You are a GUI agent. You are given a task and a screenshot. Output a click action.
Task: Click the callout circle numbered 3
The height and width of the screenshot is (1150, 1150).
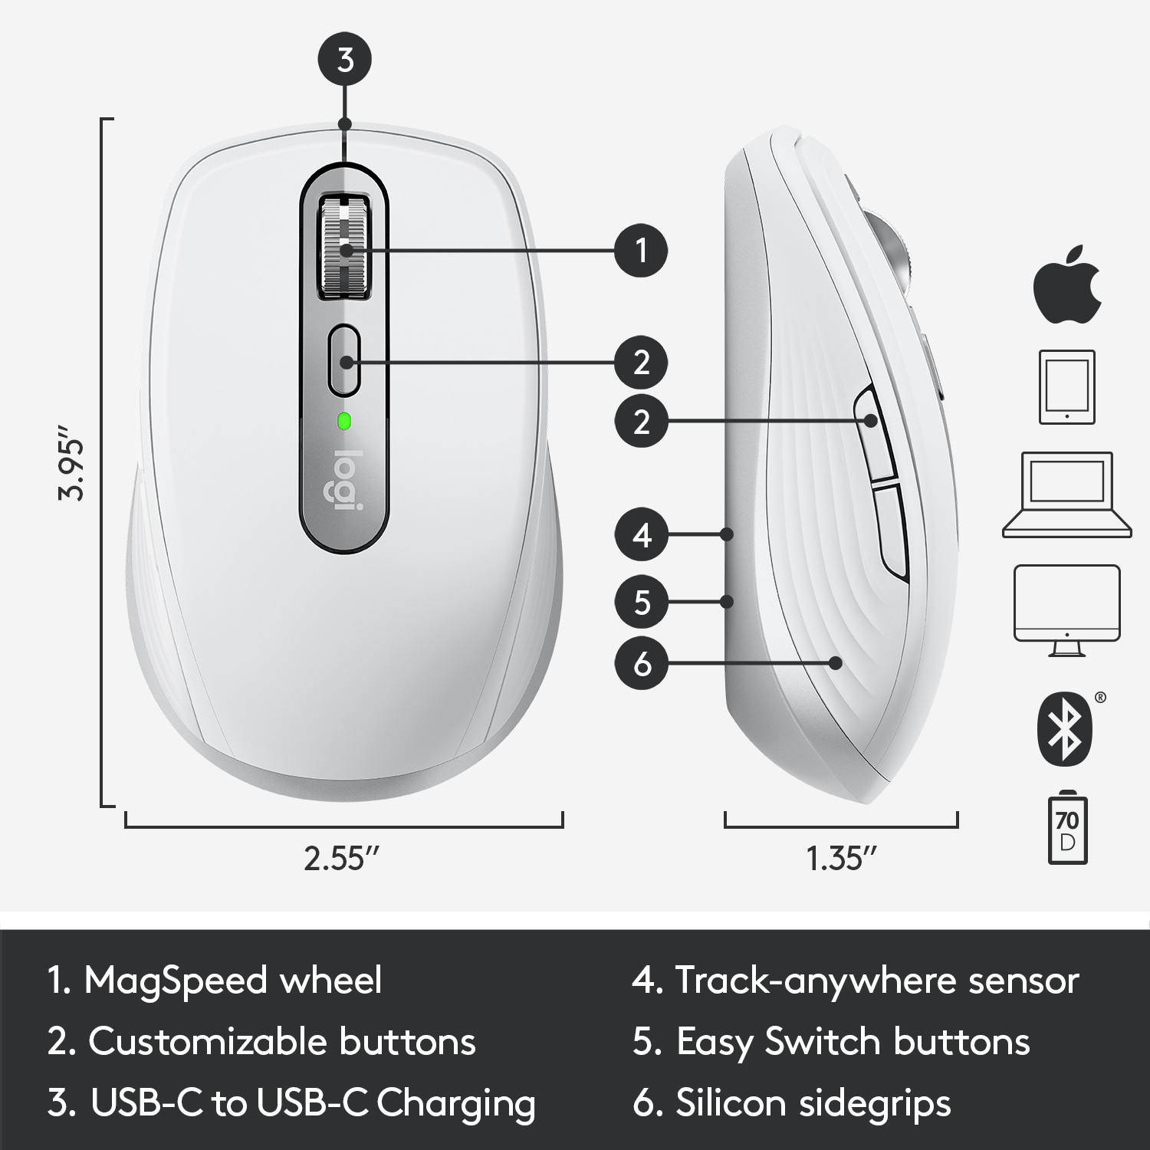coord(345,60)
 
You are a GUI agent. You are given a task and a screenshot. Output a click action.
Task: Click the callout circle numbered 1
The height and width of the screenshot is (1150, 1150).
coord(642,250)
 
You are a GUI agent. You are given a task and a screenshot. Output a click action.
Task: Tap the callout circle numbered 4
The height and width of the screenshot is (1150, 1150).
coord(642,534)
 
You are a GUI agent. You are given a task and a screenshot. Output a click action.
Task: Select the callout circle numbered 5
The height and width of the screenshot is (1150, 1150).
coord(642,602)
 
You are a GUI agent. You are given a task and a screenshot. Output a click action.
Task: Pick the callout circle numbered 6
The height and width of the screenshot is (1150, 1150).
coord(642,663)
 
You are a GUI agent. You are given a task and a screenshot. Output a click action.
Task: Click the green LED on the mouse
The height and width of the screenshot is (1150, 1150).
coord(344,420)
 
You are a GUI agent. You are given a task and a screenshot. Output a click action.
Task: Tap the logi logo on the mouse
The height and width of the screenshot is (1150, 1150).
coord(344,481)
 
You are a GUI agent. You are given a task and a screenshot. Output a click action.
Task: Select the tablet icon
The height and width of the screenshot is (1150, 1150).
coord(1066,386)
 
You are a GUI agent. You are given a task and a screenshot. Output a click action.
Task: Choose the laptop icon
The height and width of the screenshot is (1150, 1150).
coord(1066,495)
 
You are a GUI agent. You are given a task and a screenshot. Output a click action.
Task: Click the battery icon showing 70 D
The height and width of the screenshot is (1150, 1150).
coord(1066,830)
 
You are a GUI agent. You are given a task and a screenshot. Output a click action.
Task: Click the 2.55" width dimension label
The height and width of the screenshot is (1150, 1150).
coord(343,859)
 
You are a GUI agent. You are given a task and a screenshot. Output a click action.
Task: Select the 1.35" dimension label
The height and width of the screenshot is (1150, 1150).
coord(841,859)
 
